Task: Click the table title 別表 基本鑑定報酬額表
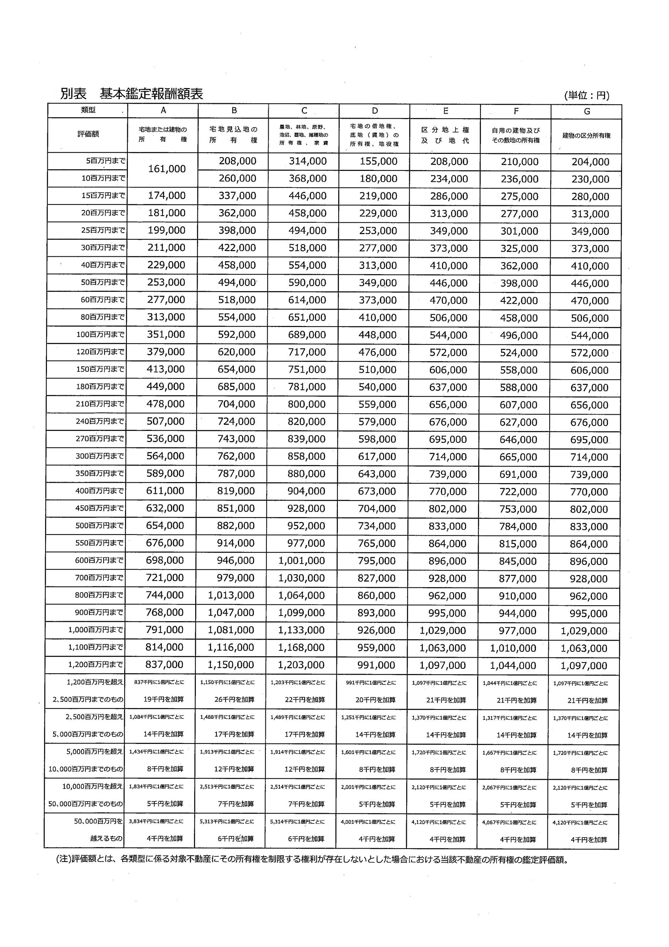[x=132, y=94]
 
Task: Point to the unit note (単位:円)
[x=587, y=95]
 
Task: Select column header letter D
[x=374, y=111]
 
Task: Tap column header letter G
[x=587, y=111]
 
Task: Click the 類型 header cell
[x=88, y=110]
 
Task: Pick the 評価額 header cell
[x=88, y=134]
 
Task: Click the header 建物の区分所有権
[x=587, y=135]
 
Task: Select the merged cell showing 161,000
[x=167, y=169]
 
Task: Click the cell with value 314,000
[x=308, y=161]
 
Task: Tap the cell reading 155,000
[x=378, y=161]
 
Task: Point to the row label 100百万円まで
[x=100, y=334]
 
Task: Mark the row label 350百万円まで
[x=99, y=473]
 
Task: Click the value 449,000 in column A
[x=166, y=387]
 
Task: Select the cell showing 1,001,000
[x=301, y=560]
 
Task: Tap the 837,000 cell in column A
[x=164, y=665]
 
